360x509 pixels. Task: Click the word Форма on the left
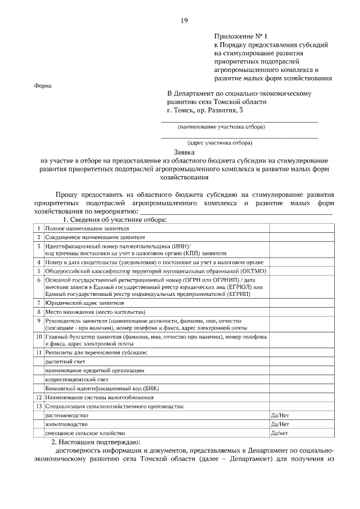click(43, 86)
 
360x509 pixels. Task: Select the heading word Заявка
click(183, 151)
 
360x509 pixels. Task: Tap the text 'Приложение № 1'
click(238, 35)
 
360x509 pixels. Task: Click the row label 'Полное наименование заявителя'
click(87, 229)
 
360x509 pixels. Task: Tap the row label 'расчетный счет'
click(65, 361)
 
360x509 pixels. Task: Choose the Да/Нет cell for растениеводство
click(280, 415)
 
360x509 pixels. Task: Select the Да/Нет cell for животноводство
click(280, 424)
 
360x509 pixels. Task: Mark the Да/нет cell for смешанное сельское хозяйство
click(280, 433)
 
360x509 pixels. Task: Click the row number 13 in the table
click(39, 406)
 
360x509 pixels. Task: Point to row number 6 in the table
click(39, 280)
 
